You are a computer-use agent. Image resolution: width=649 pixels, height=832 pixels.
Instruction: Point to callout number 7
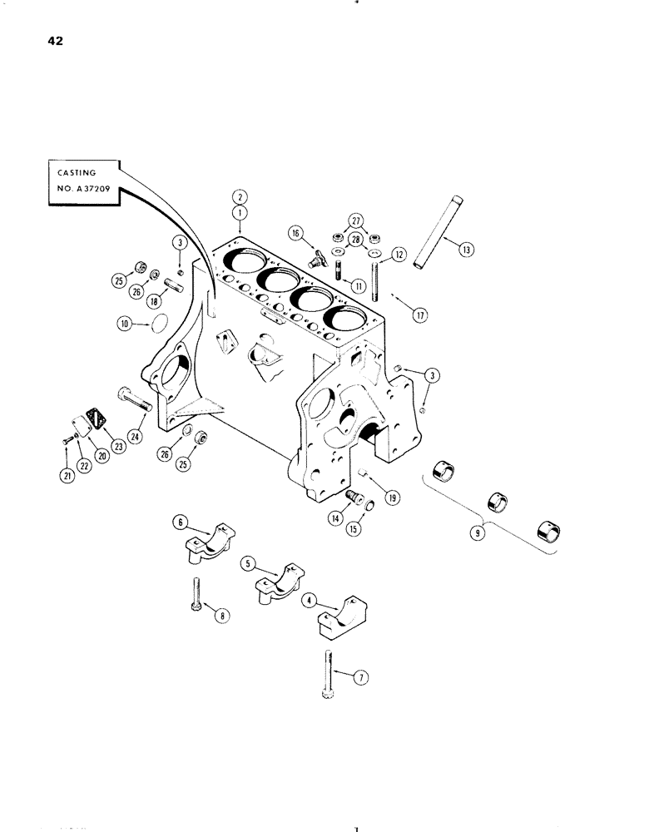(359, 678)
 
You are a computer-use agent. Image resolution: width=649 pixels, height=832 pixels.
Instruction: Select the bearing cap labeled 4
(341, 621)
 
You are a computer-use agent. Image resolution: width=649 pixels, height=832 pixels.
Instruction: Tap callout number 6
(178, 522)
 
